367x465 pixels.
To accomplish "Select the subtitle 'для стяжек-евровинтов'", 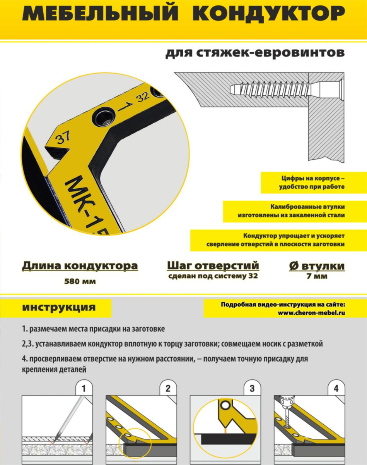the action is point(255,53).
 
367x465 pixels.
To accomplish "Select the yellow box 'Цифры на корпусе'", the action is point(314,183).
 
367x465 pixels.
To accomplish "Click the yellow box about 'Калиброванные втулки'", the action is point(295,211).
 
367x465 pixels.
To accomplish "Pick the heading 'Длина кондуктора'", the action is point(80,266).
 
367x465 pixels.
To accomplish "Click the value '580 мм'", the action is point(80,282).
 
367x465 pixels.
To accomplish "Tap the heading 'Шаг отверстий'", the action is point(213,266).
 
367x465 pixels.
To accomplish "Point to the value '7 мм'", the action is point(317,276).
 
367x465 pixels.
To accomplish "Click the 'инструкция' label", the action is point(59,307).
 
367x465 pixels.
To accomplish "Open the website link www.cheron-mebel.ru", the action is point(311,313).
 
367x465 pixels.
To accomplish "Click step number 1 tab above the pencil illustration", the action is point(84,388).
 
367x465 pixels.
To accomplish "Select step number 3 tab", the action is point(252,388).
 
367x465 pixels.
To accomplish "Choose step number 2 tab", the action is point(168,388).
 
